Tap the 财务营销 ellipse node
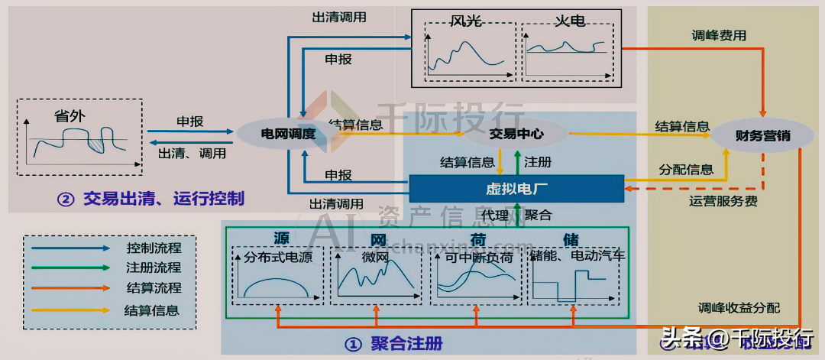(x=762, y=136)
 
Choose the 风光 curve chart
(x=465, y=49)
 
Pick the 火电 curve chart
(x=567, y=49)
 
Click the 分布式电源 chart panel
(x=276, y=274)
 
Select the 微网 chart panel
(x=376, y=274)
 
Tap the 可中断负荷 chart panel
(x=477, y=274)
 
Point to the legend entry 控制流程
(x=154, y=248)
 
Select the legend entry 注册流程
(x=154, y=268)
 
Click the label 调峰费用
(x=719, y=35)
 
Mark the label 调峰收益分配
(x=739, y=308)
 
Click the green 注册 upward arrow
(x=517, y=162)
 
